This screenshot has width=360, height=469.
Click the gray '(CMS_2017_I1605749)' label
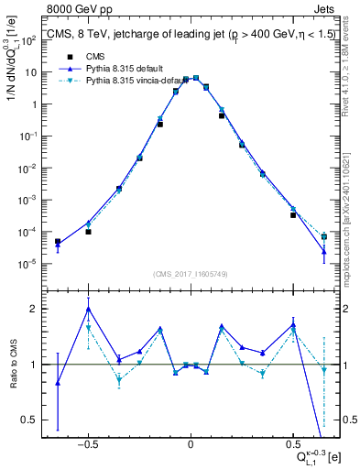[191, 273]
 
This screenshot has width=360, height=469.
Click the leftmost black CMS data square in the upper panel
[58, 242]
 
